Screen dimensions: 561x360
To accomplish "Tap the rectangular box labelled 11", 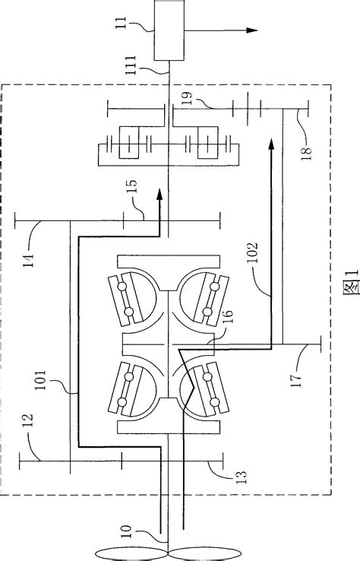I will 169,32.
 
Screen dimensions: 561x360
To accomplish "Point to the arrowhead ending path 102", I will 270,144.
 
